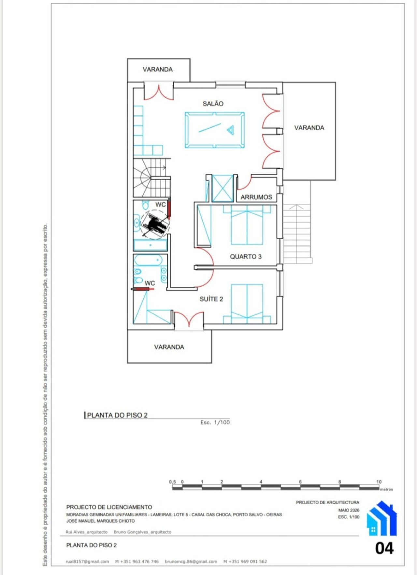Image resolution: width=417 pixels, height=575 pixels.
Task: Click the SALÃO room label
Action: pyautogui.click(x=213, y=104)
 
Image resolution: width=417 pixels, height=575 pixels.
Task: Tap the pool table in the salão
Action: pyautogui.click(x=215, y=130)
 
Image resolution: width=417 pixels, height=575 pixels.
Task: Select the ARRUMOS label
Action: pyautogui.click(x=256, y=197)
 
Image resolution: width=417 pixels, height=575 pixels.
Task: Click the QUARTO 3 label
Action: pyautogui.click(x=246, y=257)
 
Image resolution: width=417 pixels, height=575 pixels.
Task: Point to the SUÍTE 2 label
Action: pyautogui.click(x=211, y=299)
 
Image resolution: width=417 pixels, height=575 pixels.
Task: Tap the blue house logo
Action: pyautogui.click(x=381, y=518)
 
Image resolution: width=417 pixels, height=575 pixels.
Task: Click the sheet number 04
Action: pyautogui.click(x=384, y=548)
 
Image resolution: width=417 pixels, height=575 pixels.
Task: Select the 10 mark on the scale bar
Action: pyautogui.click(x=379, y=482)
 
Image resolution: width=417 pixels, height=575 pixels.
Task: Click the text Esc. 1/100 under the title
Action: pyautogui.click(x=215, y=422)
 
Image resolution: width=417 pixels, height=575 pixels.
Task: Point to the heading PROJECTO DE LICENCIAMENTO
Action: pyautogui.click(x=109, y=507)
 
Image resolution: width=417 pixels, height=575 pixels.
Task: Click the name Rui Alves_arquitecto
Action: pyautogui.click(x=87, y=532)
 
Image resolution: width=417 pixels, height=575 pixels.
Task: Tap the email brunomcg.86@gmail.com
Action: pyautogui.click(x=191, y=561)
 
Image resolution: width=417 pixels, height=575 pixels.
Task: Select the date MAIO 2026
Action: pyautogui.click(x=349, y=510)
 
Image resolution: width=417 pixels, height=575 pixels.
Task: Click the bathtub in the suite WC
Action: pyautogui.click(x=148, y=260)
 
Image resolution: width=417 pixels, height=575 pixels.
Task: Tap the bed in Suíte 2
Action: pyautogui.click(x=247, y=304)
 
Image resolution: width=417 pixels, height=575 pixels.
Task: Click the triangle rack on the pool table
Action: pyautogui.click(x=230, y=130)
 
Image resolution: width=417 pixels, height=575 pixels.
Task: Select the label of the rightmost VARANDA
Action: pyautogui.click(x=309, y=128)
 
